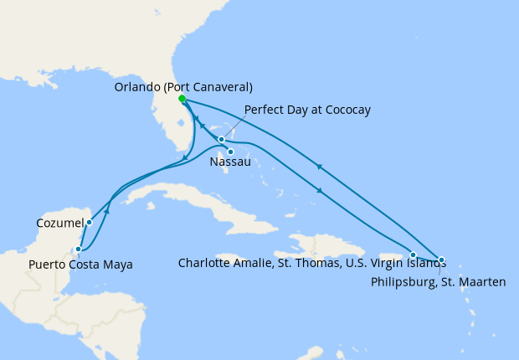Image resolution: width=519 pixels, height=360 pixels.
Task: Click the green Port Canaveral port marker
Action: point(182,98)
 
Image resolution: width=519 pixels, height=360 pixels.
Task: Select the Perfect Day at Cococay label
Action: point(307,110)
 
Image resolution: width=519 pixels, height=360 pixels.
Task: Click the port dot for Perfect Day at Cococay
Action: point(221,139)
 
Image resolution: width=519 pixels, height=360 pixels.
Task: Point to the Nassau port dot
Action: point(230,152)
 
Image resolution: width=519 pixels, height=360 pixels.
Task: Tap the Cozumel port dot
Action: point(88,223)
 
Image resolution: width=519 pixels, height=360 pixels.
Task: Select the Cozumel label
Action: point(59,224)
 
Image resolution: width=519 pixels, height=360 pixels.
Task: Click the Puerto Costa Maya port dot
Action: point(78,249)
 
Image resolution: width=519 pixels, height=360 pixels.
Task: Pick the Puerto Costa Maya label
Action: point(80,265)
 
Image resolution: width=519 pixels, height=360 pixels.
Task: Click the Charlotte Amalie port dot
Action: point(413,255)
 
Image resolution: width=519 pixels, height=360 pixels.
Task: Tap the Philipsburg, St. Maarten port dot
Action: point(441,260)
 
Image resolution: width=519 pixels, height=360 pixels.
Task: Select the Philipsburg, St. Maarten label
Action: point(438,282)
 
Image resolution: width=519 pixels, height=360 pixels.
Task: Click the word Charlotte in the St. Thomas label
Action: point(203,263)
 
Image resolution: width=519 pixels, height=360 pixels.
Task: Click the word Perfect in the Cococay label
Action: point(263,110)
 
